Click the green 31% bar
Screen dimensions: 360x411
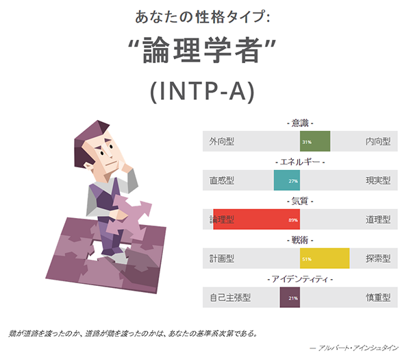pyautogui.click(x=315, y=142)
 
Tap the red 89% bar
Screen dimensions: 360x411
pyautogui.click(x=256, y=220)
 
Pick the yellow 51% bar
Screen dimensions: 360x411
pyautogui.click(x=325, y=259)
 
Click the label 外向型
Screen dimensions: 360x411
pyautogui.click(x=223, y=142)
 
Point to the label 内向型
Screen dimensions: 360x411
pyautogui.click(x=377, y=142)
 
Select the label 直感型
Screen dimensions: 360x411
pyautogui.click(x=223, y=181)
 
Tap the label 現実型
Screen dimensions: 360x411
pyautogui.click(x=377, y=181)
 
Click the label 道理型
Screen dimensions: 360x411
pyautogui.click(x=377, y=220)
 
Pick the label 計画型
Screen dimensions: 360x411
pyautogui.click(x=223, y=259)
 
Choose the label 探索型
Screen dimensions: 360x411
pyautogui.click(x=377, y=259)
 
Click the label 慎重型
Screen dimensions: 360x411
pyautogui.click(x=377, y=298)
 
